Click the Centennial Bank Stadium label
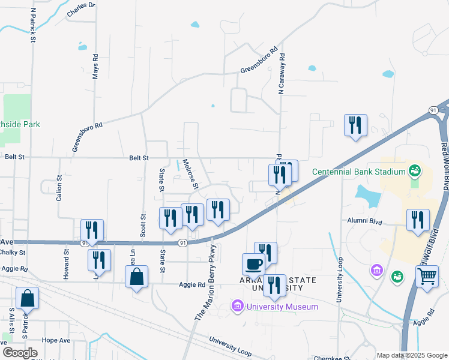[x=359, y=172]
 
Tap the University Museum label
[x=282, y=307]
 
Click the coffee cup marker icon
[x=253, y=264]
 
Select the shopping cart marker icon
[x=427, y=277]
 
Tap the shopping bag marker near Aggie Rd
[x=137, y=277]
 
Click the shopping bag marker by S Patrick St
[x=28, y=298]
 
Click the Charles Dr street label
[x=81, y=9]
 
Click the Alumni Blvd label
[x=365, y=220]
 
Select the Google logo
[x=19, y=353]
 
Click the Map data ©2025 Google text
[x=412, y=355]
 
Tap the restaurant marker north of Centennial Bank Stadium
[x=355, y=125]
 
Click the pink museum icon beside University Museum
[x=238, y=307]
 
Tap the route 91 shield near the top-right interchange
[x=433, y=110]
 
